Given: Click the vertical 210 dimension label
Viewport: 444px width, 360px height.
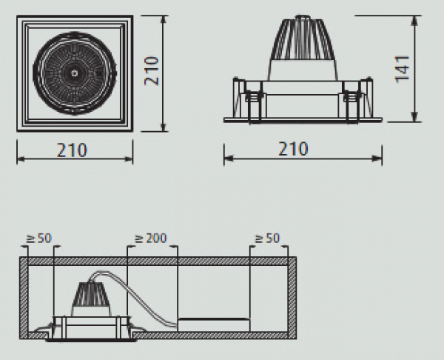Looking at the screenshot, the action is tap(152, 71).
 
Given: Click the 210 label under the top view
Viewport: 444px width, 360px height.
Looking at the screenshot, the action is tap(72, 150).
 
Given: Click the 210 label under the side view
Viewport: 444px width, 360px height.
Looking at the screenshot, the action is tap(293, 149).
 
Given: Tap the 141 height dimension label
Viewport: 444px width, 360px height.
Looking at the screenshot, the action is tap(402, 70).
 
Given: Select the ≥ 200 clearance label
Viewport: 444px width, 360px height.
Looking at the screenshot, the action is tap(151, 239).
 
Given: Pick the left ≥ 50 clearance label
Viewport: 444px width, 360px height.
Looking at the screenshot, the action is tap(39, 239).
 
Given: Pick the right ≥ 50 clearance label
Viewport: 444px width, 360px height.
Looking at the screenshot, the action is tap(267, 239).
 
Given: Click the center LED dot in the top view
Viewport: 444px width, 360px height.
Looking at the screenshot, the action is tap(75, 73).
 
